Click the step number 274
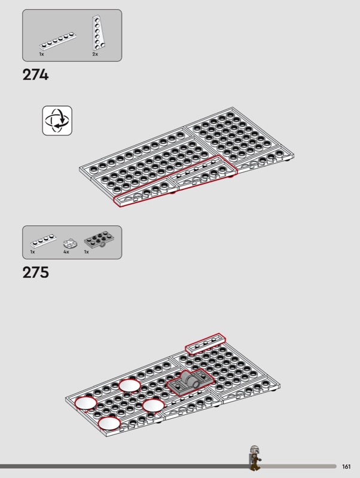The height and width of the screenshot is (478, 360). pyautogui.click(x=35, y=75)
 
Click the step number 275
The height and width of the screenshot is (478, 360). pyautogui.click(x=35, y=272)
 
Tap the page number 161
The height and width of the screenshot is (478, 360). pyautogui.click(x=346, y=467)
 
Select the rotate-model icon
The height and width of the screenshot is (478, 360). pyautogui.click(x=57, y=121)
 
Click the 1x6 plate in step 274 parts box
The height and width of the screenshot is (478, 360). pyautogui.click(x=57, y=42)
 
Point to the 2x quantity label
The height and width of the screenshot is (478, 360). pyautogui.click(x=95, y=54)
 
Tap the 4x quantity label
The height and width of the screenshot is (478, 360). pyautogui.click(x=66, y=252)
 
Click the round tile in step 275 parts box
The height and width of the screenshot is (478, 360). pyautogui.click(x=70, y=243)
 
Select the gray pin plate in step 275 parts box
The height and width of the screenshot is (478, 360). pyautogui.click(x=98, y=241)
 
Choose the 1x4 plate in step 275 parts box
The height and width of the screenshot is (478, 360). pyautogui.click(x=43, y=241)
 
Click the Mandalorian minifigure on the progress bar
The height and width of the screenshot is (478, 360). pyautogui.click(x=255, y=458)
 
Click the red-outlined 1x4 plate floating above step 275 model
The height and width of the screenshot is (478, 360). pyautogui.click(x=205, y=344)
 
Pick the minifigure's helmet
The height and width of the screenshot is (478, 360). pyautogui.click(x=254, y=449)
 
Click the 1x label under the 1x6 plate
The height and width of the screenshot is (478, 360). pyautogui.click(x=41, y=54)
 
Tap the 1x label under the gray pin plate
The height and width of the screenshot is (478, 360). pyautogui.click(x=86, y=252)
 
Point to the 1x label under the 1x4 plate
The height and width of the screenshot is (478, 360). pyautogui.click(x=32, y=252)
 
